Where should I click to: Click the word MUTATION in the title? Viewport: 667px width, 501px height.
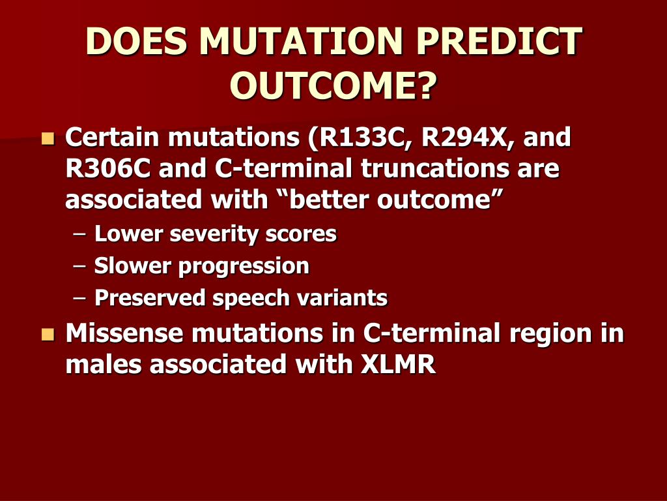pyautogui.click(x=301, y=41)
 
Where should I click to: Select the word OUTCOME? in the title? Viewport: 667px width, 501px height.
pyautogui.click(x=333, y=85)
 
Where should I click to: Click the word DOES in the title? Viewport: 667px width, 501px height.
pyautogui.click(x=136, y=41)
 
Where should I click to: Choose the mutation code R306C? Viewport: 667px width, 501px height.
pyautogui.click(x=108, y=168)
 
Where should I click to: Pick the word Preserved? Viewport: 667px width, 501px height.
pyautogui.click(x=150, y=297)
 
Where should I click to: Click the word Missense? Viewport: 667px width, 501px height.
pyautogui.click(x=124, y=333)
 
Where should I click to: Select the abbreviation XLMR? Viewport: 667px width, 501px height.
pyautogui.click(x=398, y=365)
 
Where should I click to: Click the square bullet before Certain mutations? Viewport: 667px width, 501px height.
pyautogui.click(x=48, y=139)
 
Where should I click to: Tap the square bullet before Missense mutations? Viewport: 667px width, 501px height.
pyautogui.click(x=48, y=335)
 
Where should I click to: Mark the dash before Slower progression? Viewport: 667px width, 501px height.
pyautogui.click(x=79, y=266)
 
